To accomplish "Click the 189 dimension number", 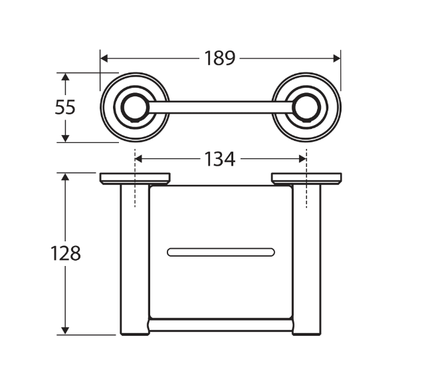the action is pyautogui.click(x=219, y=58).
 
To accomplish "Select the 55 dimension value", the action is pyautogui.click(x=65, y=107).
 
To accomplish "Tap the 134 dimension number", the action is pyautogui.click(x=219, y=159).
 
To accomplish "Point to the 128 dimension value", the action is pyautogui.click(x=65, y=253).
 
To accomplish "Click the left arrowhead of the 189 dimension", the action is pyautogui.click(x=104, y=58).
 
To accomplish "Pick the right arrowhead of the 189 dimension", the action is pyautogui.click(x=337, y=58).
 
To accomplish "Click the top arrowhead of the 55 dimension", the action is pyautogui.click(x=65, y=76).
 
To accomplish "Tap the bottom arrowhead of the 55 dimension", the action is pyautogui.click(x=65, y=138).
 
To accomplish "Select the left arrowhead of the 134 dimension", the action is pyautogui.click(x=138, y=159).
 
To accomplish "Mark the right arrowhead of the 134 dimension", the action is pyautogui.click(x=302, y=159).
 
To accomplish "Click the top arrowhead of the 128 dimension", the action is pyautogui.click(x=65, y=177).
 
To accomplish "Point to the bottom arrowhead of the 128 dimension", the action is pyautogui.click(x=65, y=331).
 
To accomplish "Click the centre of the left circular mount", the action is pyautogui.click(x=135, y=107).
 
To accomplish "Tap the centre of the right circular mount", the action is pyautogui.click(x=306, y=107).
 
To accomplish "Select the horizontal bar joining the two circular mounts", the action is pyautogui.click(x=221, y=107).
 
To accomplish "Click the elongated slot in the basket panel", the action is pyautogui.click(x=221, y=252).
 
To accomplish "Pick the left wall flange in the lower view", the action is pyautogui.click(x=135, y=179).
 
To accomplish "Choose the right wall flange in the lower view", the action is pyautogui.click(x=306, y=179).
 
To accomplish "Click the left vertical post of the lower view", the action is pyautogui.click(x=135, y=260).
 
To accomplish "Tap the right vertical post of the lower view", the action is pyautogui.click(x=306, y=260).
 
